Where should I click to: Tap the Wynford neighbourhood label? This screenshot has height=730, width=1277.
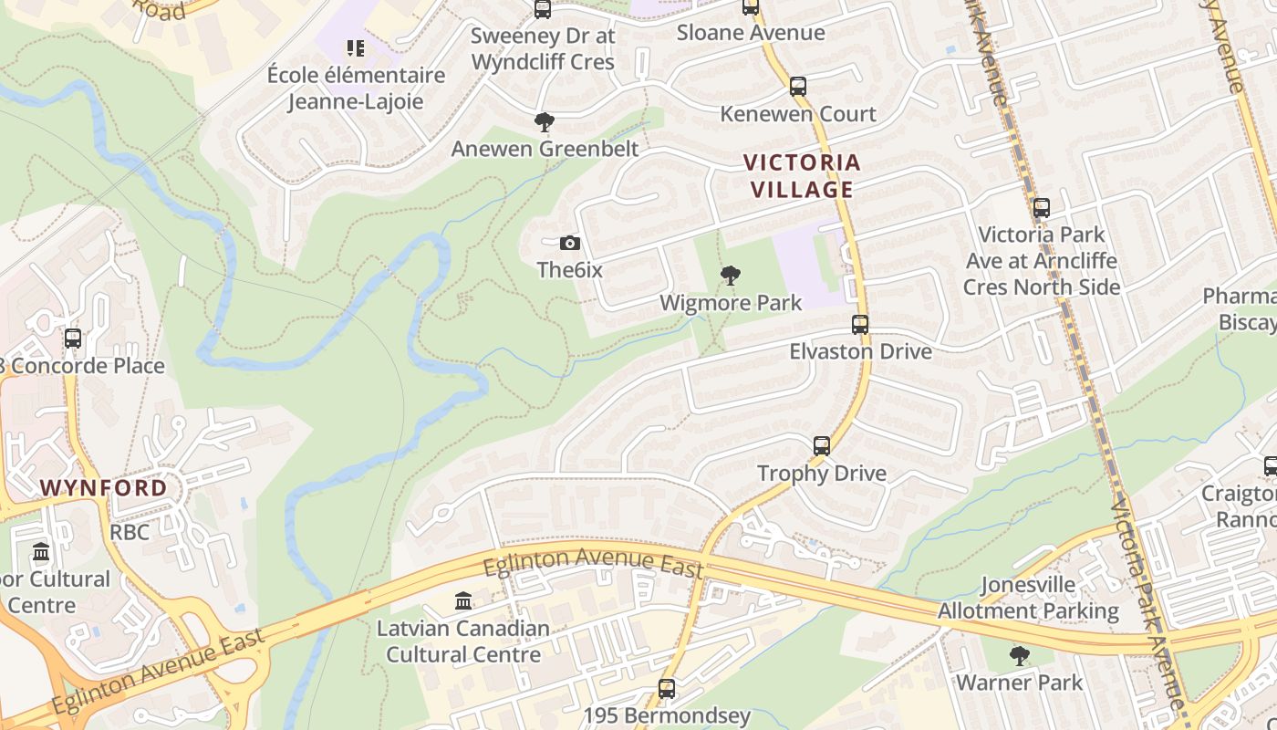[104, 487]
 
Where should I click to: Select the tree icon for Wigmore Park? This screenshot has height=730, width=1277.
[730, 275]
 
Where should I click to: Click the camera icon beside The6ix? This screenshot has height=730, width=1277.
[570, 243]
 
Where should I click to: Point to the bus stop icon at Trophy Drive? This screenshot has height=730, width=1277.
[822, 446]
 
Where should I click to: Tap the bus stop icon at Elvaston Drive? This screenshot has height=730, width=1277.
[860, 324]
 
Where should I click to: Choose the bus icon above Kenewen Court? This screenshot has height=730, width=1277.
[798, 87]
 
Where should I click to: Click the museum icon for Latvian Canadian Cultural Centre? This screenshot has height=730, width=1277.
[463, 601]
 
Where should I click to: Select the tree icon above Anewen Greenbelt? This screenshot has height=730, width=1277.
[545, 121]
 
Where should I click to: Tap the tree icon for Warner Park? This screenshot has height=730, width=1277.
[1020, 655]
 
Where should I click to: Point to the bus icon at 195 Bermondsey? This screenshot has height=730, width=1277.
[667, 689]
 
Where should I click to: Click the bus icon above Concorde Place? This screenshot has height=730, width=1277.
[73, 339]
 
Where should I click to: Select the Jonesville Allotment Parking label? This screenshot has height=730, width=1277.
[1028, 598]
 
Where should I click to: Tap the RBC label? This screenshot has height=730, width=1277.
[130, 531]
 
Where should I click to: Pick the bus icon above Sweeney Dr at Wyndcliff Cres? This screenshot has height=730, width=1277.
[543, 9]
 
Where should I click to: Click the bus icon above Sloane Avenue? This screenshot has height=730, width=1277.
[751, 7]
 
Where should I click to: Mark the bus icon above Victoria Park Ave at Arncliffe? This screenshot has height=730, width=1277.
[1042, 208]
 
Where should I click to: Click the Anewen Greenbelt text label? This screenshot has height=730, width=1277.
[545, 148]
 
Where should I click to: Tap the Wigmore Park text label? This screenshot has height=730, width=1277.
[731, 303]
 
